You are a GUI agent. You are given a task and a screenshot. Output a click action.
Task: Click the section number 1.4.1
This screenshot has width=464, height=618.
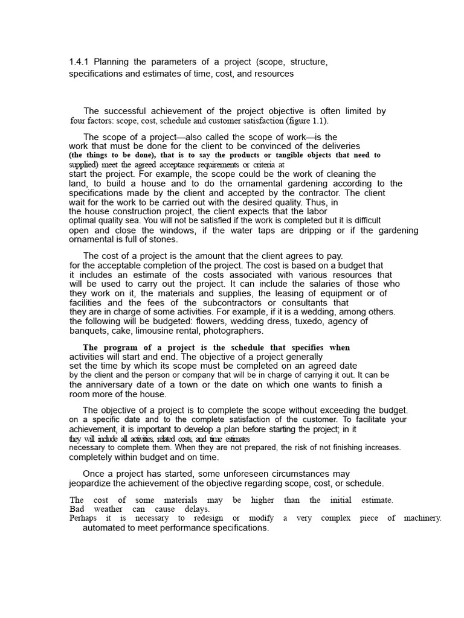[79, 62]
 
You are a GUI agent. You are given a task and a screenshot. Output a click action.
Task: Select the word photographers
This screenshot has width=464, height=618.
[233, 331]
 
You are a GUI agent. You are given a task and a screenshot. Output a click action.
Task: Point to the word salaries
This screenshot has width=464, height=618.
[321, 284]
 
